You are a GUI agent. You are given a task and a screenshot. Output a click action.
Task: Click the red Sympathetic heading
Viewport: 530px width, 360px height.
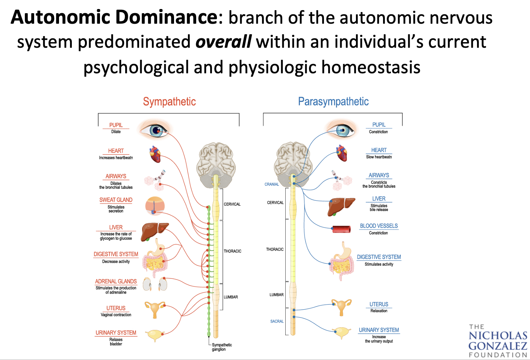[x=169, y=101]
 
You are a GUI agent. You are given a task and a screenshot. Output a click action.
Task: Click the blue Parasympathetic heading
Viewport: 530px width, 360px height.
[x=333, y=101]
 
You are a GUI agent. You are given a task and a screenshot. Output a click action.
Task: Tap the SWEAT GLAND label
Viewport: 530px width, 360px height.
[x=116, y=200]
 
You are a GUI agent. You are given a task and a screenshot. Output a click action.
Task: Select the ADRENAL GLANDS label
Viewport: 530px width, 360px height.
[x=116, y=281]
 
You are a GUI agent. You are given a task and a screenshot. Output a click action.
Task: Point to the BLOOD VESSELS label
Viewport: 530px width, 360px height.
[x=379, y=226]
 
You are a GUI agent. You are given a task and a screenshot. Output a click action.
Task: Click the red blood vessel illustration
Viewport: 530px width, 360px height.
[x=342, y=229]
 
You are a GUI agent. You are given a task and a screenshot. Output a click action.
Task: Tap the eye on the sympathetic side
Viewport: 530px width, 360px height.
[x=154, y=130]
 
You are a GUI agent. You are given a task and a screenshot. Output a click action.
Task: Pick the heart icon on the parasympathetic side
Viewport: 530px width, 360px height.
[x=341, y=153]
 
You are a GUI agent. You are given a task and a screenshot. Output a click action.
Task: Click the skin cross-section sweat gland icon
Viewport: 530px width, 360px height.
[x=155, y=206]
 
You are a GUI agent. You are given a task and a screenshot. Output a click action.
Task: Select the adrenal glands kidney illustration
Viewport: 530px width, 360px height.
[x=155, y=284]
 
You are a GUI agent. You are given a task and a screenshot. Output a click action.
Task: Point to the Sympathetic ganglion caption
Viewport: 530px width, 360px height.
[x=221, y=347]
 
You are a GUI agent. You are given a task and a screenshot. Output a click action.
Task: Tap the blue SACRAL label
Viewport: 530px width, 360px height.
[x=277, y=321]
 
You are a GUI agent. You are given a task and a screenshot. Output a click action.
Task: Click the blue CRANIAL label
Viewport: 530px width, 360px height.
[x=271, y=185]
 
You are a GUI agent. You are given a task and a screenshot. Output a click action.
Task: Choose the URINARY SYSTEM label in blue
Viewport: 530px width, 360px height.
[x=379, y=330]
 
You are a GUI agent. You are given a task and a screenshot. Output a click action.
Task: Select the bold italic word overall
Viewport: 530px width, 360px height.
[x=223, y=42]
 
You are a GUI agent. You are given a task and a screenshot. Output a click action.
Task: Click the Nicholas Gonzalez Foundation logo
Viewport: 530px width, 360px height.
[x=498, y=341]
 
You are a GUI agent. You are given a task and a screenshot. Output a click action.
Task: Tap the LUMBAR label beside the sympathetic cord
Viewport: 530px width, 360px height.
[x=231, y=297]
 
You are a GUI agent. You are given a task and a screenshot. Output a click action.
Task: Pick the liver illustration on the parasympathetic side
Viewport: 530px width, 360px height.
[x=341, y=206]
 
